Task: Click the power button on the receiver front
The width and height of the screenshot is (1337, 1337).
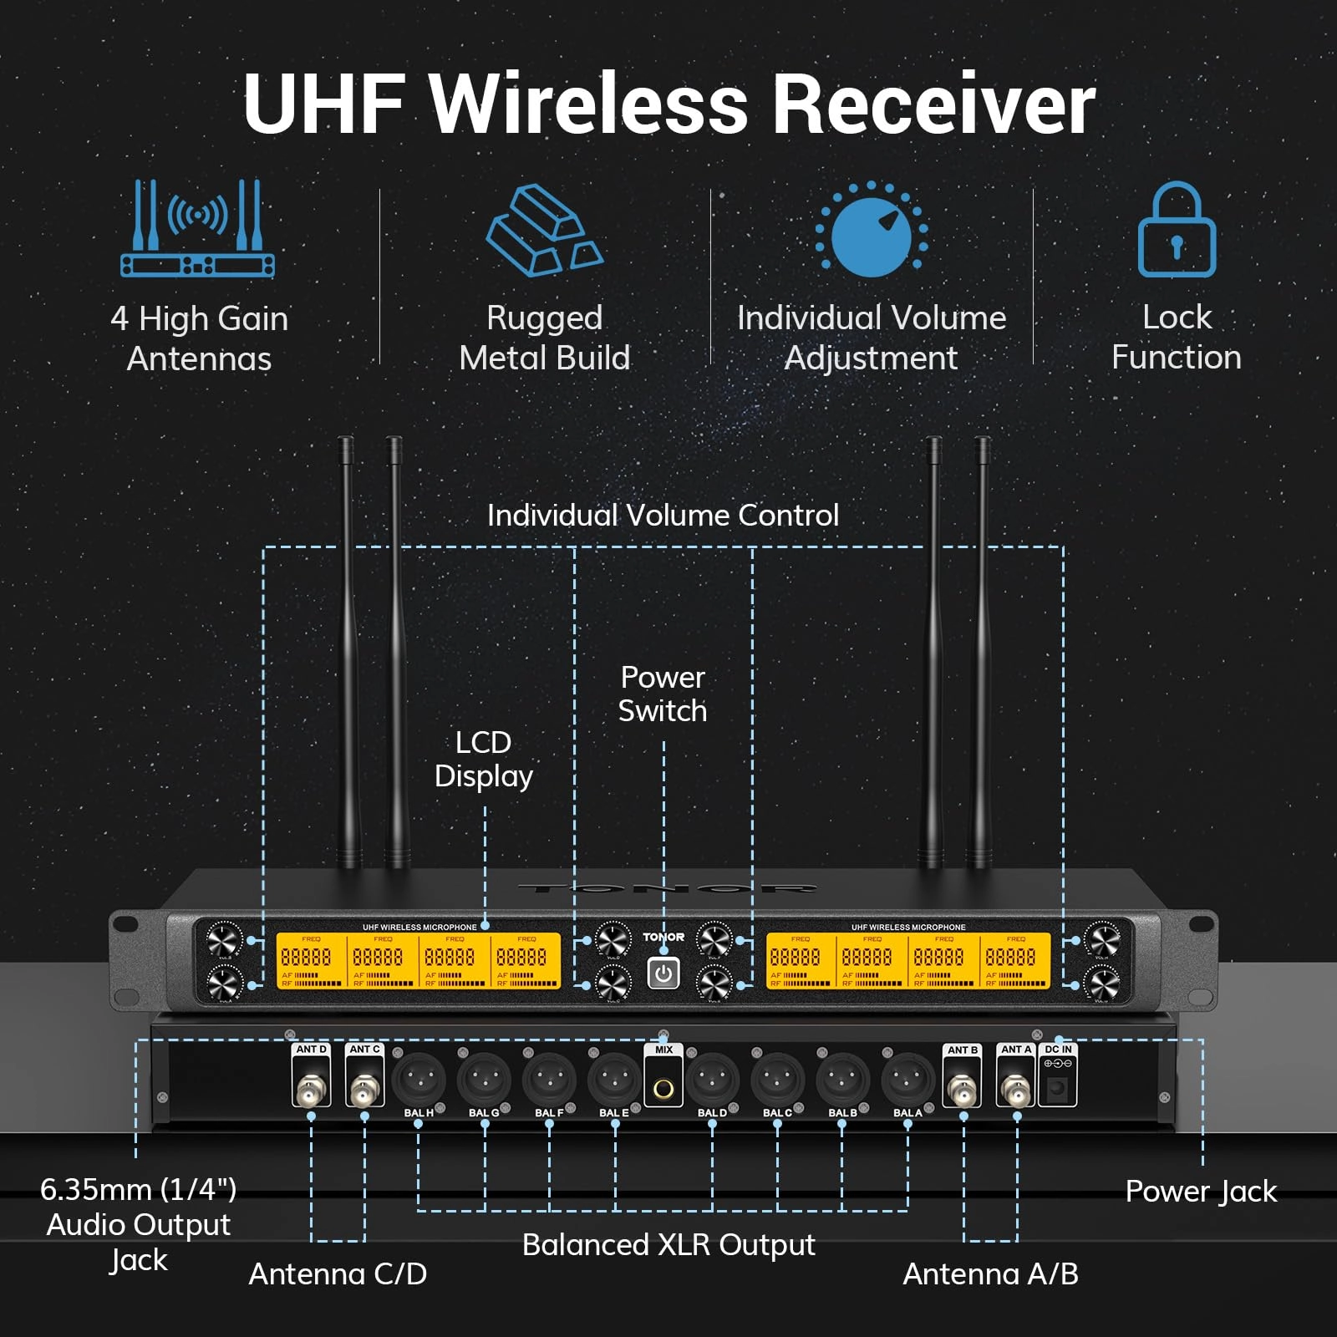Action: click(663, 974)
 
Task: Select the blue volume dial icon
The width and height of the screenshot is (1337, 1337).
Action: click(872, 231)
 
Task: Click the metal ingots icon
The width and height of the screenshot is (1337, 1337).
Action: click(544, 231)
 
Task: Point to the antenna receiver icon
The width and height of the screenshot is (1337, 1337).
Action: click(198, 229)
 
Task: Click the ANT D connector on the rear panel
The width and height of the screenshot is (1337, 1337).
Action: click(311, 1090)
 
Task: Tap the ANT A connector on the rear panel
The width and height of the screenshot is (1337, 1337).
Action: click(1016, 1090)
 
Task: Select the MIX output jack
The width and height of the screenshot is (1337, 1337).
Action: click(663, 1089)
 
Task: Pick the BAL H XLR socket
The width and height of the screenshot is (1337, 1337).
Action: click(419, 1079)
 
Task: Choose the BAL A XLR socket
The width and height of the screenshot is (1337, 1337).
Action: click(908, 1079)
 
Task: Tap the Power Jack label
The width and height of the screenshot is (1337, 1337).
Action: click(1201, 1191)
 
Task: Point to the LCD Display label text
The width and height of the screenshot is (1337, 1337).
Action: click(484, 759)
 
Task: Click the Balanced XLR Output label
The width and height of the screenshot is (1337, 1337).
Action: click(668, 1244)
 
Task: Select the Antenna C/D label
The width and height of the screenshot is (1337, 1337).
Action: click(338, 1273)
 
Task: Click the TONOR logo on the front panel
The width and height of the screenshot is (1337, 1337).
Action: click(663, 937)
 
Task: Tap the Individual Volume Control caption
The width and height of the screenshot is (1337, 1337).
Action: click(663, 515)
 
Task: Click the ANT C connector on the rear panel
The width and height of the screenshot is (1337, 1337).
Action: click(364, 1090)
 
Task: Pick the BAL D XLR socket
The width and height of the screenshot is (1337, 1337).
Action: click(712, 1079)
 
